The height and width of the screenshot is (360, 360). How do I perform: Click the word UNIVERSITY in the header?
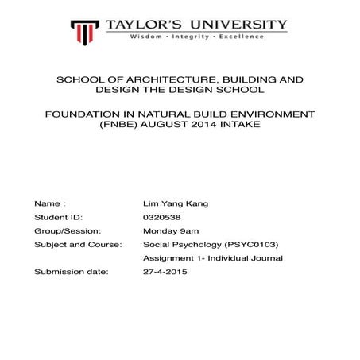(237, 25)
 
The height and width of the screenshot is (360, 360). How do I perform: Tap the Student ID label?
(58, 217)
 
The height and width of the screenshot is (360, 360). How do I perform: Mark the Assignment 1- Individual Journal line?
(212, 258)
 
